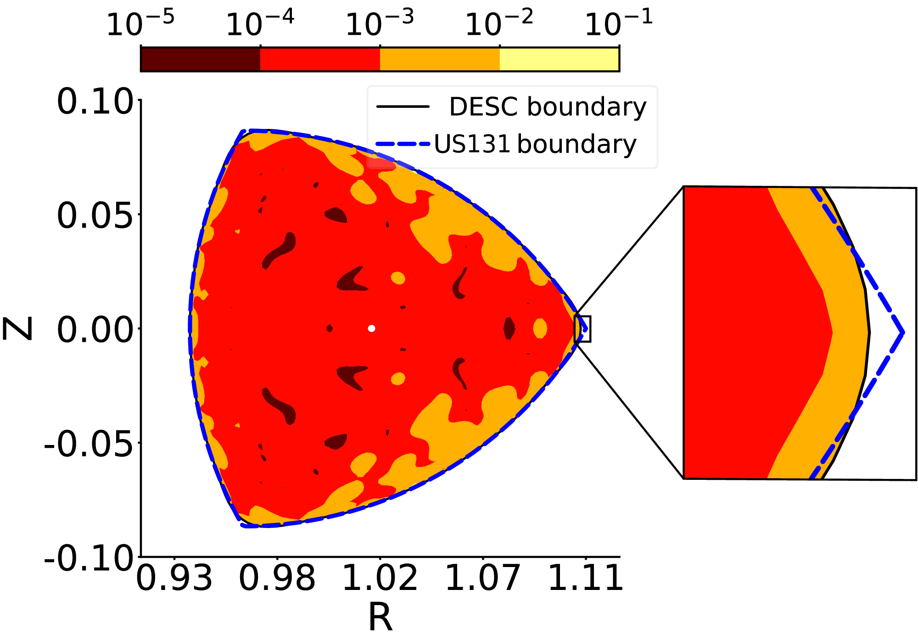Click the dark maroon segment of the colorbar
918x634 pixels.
[201, 59]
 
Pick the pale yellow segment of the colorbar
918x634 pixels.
[559, 59]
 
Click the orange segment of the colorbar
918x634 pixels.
[439, 59]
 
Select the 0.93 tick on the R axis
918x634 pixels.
[174, 578]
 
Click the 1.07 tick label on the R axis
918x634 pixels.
[483, 578]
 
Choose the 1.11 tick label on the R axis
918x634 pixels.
[586, 578]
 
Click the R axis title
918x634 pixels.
[380, 617]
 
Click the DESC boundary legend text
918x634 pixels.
[547, 107]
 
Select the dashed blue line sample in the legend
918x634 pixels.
[403, 144]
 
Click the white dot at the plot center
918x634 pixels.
[372, 328]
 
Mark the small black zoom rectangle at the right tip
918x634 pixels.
[582, 329]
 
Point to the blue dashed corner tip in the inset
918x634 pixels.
[902, 332]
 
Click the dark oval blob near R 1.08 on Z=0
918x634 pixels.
[509, 328]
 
